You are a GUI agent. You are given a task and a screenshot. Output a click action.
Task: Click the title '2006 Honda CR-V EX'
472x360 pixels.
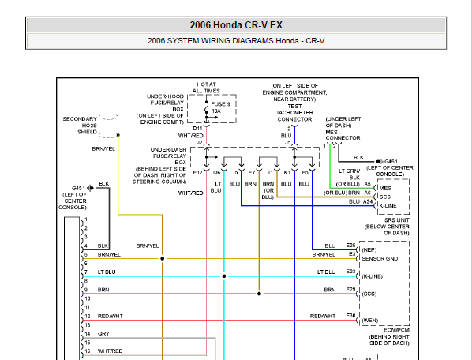(x=236, y=25)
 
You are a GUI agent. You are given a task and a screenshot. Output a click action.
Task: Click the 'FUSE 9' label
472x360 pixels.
(x=221, y=104)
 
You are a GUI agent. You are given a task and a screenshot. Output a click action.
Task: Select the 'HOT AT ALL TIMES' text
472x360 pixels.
(x=206, y=88)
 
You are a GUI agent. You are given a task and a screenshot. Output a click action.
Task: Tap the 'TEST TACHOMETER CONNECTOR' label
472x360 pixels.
(x=294, y=113)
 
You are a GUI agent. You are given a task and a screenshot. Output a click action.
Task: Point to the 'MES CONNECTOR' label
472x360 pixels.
(x=343, y=135)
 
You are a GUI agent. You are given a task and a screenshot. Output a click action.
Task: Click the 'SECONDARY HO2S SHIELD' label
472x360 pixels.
(x=80, y=126)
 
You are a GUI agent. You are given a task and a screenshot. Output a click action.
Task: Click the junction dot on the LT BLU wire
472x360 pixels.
(x=224, y=276)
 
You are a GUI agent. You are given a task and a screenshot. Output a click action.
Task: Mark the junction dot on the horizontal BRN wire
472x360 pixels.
(x=259, y=294)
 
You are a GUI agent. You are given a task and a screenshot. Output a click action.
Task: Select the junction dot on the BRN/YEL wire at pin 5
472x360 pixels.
(x=163, y=258)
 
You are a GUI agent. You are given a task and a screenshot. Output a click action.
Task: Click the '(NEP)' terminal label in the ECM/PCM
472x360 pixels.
(x=369, y=249)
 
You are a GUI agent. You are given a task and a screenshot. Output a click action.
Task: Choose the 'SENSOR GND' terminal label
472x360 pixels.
(x=380, y=259)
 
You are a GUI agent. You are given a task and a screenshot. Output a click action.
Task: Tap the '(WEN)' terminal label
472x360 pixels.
(x=369, y=321)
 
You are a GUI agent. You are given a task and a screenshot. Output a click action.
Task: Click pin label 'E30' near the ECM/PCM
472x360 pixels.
(x=350, y=316)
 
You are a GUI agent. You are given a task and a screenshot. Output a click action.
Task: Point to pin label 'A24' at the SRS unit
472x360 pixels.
(x=368, y=201)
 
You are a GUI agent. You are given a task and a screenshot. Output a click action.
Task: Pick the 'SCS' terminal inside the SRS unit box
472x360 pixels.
(x=385, y=197)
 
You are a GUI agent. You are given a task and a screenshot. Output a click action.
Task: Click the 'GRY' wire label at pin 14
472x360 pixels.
(x=103, y=333)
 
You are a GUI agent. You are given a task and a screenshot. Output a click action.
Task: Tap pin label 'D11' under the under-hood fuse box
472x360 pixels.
(x=198, y=129)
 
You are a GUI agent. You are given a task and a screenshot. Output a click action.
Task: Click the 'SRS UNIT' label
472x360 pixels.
(x=397, y=220)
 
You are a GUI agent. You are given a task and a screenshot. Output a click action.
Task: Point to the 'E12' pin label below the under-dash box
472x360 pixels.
(x=198, y=172)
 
